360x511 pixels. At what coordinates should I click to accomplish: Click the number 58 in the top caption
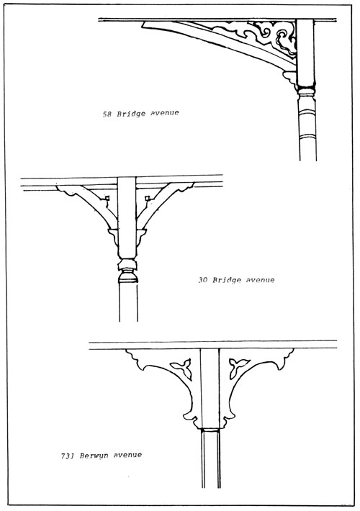point(107,114)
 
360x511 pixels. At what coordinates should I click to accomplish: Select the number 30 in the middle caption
point(202,280)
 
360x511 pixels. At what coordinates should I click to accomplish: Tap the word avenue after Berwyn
point(127,455)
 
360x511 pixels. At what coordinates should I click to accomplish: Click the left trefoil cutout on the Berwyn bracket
point(181,368)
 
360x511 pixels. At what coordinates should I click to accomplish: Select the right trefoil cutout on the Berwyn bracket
point(238,366)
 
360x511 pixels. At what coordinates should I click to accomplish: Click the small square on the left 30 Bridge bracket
point(107,198)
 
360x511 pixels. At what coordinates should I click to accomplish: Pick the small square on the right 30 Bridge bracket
point(147,197)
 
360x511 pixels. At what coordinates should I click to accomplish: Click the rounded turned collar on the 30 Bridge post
point(128,276)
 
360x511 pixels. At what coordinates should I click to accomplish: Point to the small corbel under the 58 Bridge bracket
point(290,78)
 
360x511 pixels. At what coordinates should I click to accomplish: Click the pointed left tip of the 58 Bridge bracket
point(143,24)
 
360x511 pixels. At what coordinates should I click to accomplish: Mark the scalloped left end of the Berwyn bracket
point(133,357)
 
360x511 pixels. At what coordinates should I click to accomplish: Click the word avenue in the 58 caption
point(165,113)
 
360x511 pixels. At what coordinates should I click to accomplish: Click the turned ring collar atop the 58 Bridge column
point(307,89)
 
